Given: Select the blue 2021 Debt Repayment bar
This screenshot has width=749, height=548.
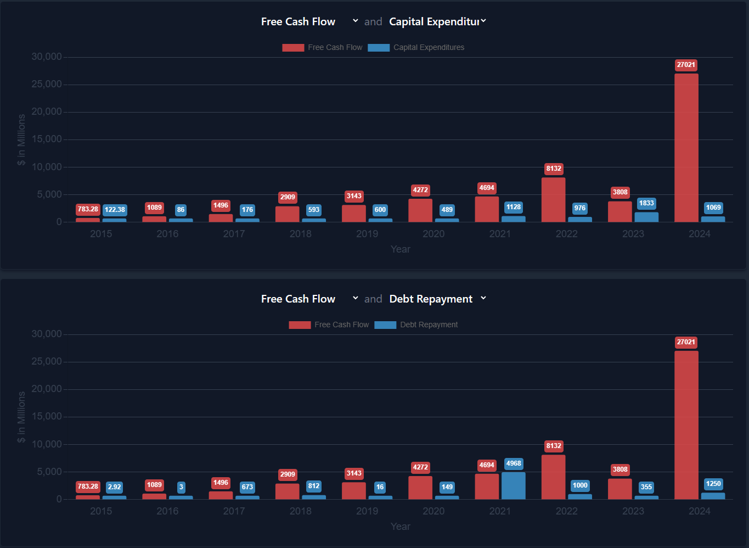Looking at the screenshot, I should pyautogui.click(x=513, y=485).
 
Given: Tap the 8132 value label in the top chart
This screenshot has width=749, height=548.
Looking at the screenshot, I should pyautogui.click(x=554, y=169).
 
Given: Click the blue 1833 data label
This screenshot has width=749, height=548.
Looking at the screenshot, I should pyautogui.click(x=646, y=203).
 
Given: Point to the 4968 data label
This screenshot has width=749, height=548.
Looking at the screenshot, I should pyautogui.click(x=514, y=463).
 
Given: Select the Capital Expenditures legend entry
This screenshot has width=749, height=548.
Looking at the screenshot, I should pyautogui.click(x=416, y=48).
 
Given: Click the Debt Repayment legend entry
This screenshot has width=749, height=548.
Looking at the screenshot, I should pyautogui.click(x=416, y=325).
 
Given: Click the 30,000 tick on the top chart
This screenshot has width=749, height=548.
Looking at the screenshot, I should pyautogui.click(x=47, y=57).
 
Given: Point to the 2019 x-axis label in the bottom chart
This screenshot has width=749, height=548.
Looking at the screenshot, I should pyautogui.click(x=367, y=511).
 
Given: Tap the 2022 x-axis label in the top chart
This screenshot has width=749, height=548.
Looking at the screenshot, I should pyautogui.click(x=566, y=234).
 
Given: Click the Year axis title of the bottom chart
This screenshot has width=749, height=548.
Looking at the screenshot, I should pyautogui.click(x=400, y=527).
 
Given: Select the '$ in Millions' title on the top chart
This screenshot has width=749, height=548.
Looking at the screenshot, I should pyautogui.click(x=21, y=139).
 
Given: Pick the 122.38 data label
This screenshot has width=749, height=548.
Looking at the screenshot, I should pyautogui.click(x=115, y=210).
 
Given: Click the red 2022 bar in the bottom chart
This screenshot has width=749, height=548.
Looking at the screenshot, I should pyautogui.click(x=553, y=477).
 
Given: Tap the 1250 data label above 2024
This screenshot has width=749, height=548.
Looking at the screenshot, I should pyautogui.click(x=713, y=484).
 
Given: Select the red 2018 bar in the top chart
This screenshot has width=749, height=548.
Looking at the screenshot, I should pyautogui.click(x=287, y=214).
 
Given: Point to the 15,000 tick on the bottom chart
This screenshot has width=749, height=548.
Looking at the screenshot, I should pyautogui.click(x=47, y=416).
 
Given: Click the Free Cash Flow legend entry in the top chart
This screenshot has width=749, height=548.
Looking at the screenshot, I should pyautogui.click(x=323, y=48).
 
